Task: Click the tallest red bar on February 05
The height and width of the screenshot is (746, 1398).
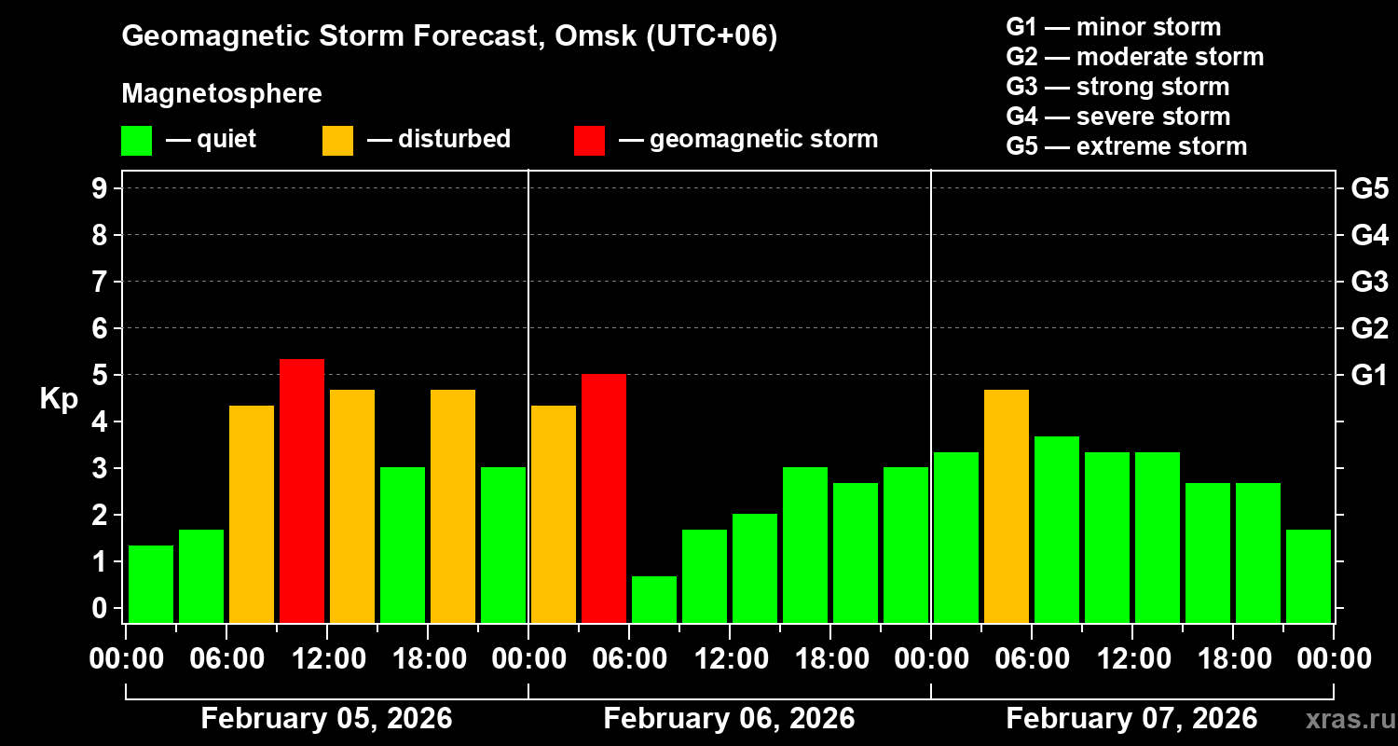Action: [x=302, y=490]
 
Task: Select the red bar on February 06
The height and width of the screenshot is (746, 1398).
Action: [x=604, y=498]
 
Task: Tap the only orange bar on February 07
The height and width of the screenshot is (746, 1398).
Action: [x=1007, y=505]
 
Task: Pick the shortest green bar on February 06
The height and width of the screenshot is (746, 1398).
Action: [x=654, y=600]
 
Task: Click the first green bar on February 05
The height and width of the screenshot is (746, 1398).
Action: [x=151, y=584]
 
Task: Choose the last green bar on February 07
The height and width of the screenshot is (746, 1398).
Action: [x=1309, y=575]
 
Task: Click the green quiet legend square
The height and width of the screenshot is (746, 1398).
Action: [x=136, y=141]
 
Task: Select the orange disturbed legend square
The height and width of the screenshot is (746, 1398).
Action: [x=337, y=141]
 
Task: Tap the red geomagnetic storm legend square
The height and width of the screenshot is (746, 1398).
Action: [x=589, y=141]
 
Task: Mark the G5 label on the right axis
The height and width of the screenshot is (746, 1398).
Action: [x=1369, y=188]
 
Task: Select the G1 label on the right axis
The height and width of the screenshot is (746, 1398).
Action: [x=1369, y=375]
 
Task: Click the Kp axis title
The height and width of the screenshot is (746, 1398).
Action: [x=59, y=399]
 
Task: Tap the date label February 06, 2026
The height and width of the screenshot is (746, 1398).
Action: [x=729, y=719]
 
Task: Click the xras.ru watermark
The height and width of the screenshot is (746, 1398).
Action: [x=1348, y=720]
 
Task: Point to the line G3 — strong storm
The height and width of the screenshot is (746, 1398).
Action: [x=1117, y=87]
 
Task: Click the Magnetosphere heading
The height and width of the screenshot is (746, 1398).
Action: [x=222, y=94]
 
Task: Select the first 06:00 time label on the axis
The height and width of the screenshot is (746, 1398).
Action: [x=228, y=658]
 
